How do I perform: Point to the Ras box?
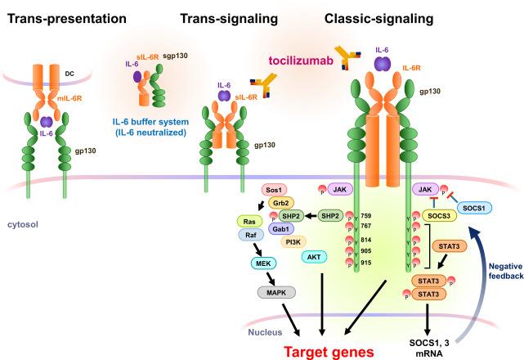tap(246, 221)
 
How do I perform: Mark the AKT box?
tap(314, 257)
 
